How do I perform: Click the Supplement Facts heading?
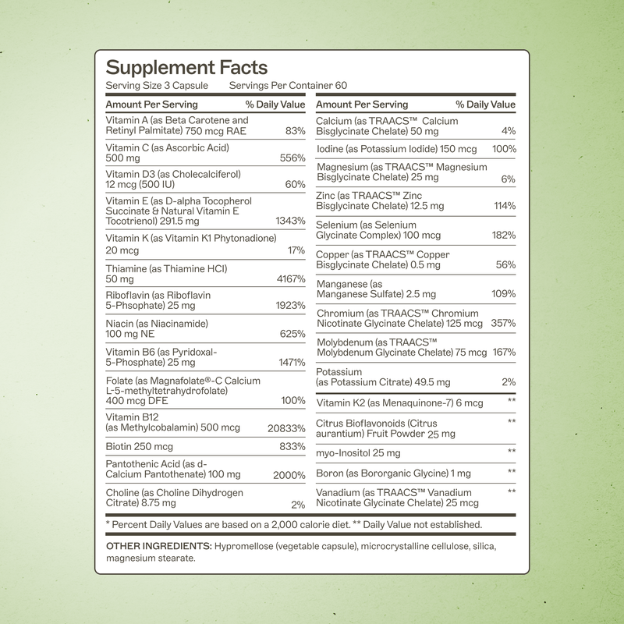click(186, 68)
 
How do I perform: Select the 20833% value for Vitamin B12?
click(285, 428)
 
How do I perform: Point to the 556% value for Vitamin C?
click(292, 158)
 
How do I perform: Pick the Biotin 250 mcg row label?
click(140, 447)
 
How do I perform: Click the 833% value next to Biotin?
click(292, 447)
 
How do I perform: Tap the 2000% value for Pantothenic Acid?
click(289, 475)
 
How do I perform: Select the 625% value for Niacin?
click(292, 334)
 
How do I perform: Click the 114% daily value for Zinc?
click(504, 206)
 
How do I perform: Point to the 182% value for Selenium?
click(504, 236)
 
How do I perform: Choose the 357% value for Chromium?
click(504, 323)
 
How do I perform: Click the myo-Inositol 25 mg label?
click(358, 453)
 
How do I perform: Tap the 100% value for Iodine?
click(504, 148)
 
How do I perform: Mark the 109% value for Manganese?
click(504, 294)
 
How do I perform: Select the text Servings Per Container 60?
click(288, 86)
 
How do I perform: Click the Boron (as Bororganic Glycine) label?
click(393, 473)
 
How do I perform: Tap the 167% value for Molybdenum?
click(504, 352)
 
